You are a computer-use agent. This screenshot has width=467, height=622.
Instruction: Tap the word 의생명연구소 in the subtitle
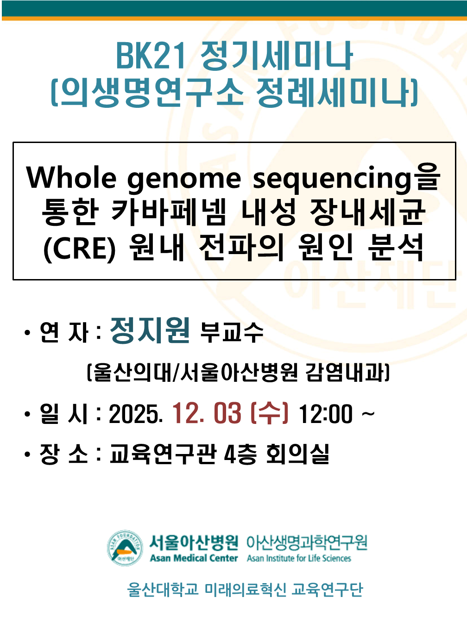(x=152, y=93)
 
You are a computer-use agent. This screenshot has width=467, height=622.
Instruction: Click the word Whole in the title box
(x=71, y=178)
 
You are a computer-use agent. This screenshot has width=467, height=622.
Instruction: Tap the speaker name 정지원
(x=150, y=330)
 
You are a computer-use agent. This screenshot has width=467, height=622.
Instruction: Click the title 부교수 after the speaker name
(x=232, y=333)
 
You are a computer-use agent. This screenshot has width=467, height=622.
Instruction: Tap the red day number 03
(x=227, y=414)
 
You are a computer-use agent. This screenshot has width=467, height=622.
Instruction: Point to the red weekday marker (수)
(x=270, y=414)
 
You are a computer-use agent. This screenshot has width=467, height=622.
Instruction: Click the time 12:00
(x=326, y=414)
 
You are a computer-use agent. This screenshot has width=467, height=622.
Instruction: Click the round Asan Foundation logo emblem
(x=125, y=548)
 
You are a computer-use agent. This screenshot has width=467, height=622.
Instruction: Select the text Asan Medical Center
(x=194, y=558)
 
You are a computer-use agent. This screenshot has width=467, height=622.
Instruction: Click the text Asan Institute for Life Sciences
(x=299, y=558)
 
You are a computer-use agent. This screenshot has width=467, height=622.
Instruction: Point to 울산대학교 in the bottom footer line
(x=163, y=590)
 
